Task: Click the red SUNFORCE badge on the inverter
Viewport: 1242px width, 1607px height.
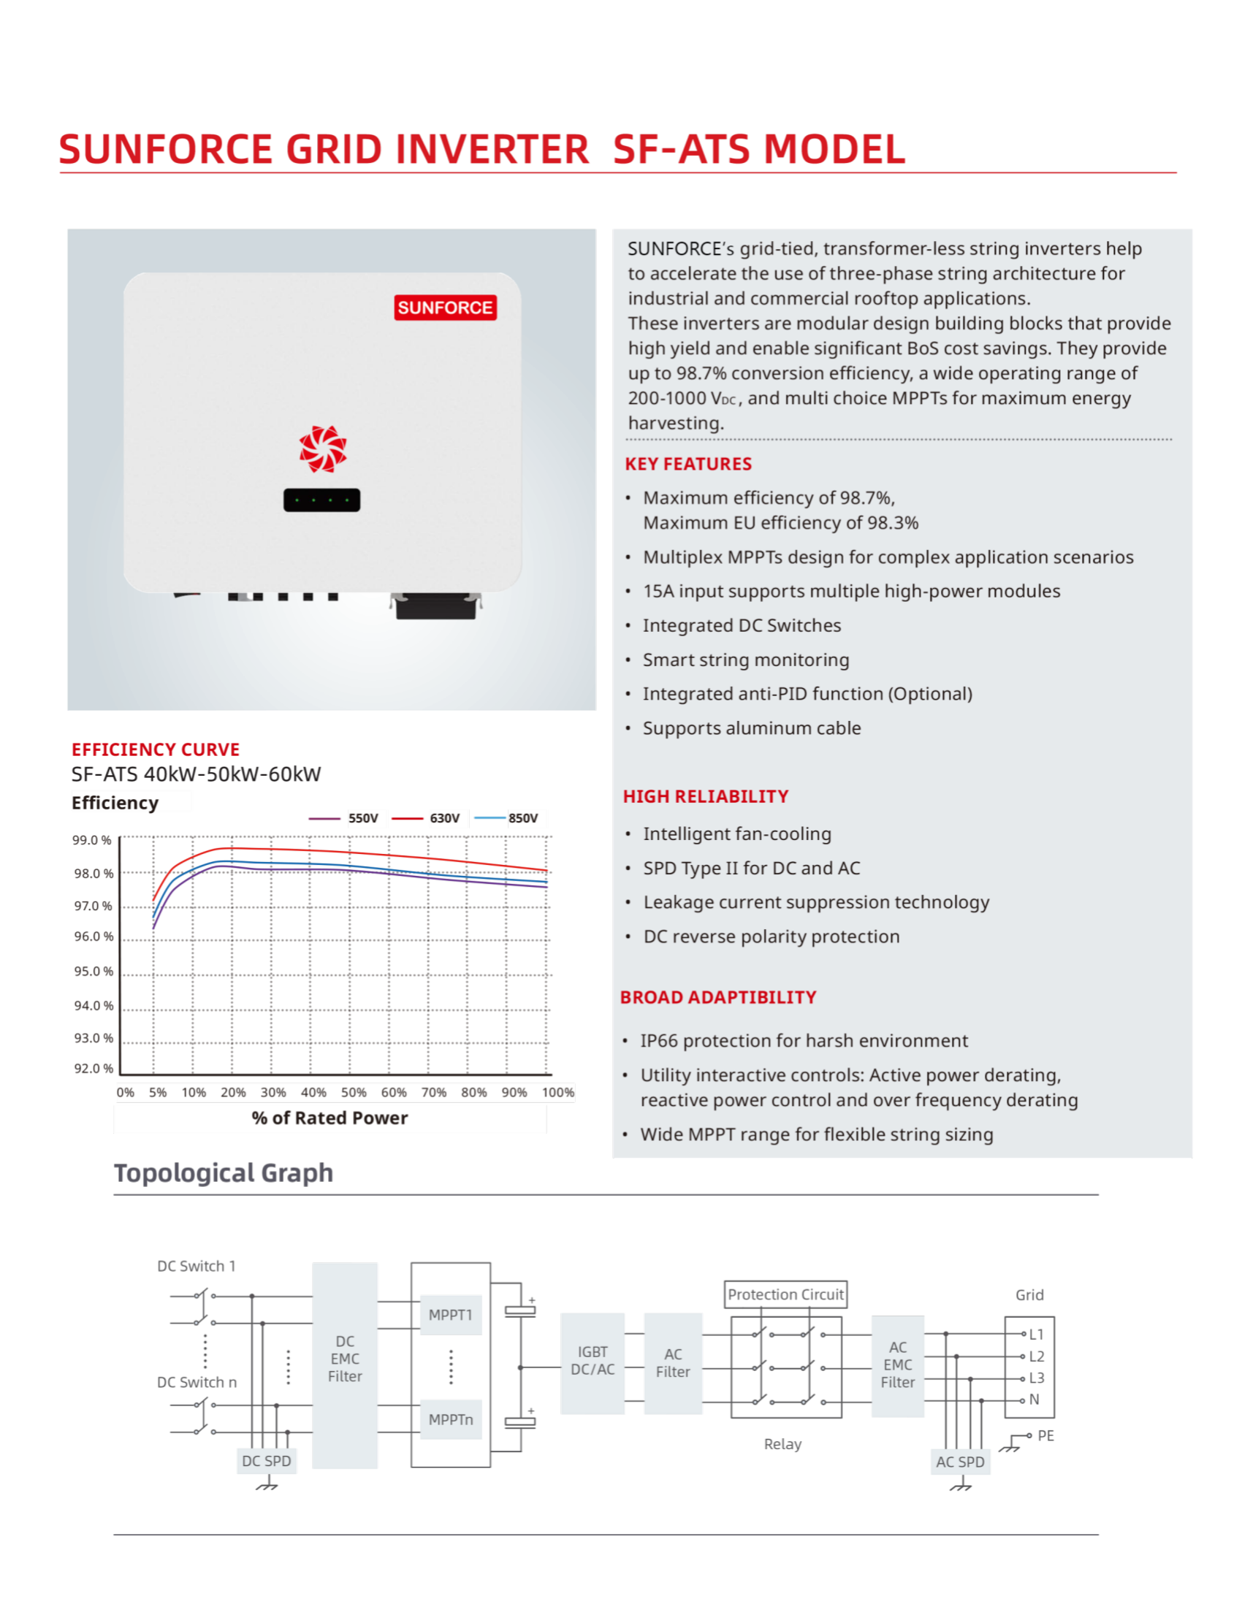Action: [x=445, y=308]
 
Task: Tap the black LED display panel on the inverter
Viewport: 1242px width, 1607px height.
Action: [x=321, y=500]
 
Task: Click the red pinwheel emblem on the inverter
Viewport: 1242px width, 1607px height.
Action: [x=322, y=448]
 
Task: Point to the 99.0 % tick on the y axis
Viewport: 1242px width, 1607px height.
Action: [x=92, y=840]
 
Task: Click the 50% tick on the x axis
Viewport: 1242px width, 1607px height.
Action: [x=353, y=1093]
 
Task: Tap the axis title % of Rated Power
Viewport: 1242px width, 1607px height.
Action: [x=329, y=1118]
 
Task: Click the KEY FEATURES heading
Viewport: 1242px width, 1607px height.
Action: [x=688, y=465]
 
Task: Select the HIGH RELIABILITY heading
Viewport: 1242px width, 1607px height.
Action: [x=705, y=797]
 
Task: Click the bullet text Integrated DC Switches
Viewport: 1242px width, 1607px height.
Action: [x=742, y=625]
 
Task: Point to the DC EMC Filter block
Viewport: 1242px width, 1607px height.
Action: [x=344, y=1359]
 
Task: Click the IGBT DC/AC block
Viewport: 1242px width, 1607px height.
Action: [x=593, y=1362]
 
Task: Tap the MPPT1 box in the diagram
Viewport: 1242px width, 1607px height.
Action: [x=450, y=1315]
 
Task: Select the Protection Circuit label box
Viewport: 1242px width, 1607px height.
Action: [x=785, y=1294]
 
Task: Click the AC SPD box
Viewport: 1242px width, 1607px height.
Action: [x=959, y=1462]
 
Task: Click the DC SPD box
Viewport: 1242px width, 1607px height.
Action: [x=267, y=1462]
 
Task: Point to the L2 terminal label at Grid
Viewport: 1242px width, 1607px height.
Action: [x=1036, y=1356]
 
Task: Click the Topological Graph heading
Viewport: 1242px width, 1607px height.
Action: [x=224, y=1173]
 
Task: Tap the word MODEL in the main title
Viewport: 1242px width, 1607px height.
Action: [x=834, y=149]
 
